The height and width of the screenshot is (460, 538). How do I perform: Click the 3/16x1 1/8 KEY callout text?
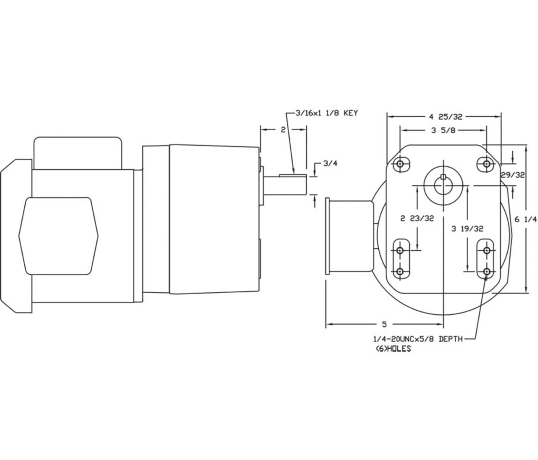tap(327, 113)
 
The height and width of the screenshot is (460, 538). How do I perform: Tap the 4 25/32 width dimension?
tap(445, 116)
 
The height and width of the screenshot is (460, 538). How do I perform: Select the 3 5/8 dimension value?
tap(443, 130)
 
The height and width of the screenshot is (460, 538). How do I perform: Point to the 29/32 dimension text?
tap(512, 175)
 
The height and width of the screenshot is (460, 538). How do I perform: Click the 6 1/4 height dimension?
tap(526, 219)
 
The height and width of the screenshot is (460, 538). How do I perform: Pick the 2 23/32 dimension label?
tap(417, 218)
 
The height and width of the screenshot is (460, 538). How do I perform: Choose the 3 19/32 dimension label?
tap(467, 229)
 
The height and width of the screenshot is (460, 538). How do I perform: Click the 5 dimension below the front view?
tap(384, 324)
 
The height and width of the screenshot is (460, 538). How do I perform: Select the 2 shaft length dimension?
tap(283, 130)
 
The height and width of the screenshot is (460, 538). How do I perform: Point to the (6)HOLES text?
tap(393, 349)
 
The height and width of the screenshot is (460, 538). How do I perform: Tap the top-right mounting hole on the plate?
tap(486, 163)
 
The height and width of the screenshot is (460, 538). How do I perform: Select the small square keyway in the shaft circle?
tap(443, 176)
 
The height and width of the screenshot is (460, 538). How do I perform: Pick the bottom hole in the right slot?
tap(486, 272)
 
